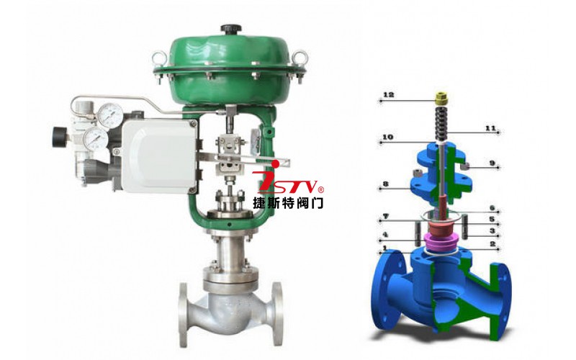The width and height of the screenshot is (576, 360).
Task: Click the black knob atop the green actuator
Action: coord(230,29)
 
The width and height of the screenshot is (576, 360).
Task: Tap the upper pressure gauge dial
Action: coord(110,113)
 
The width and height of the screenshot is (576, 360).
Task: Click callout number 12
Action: coord(388,94)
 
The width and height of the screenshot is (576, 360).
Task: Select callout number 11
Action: coord(490,128)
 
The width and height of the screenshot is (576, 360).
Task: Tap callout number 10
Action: coord(387,137)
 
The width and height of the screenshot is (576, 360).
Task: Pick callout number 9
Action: coord(492,163)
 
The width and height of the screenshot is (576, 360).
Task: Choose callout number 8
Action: coord(385,184)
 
